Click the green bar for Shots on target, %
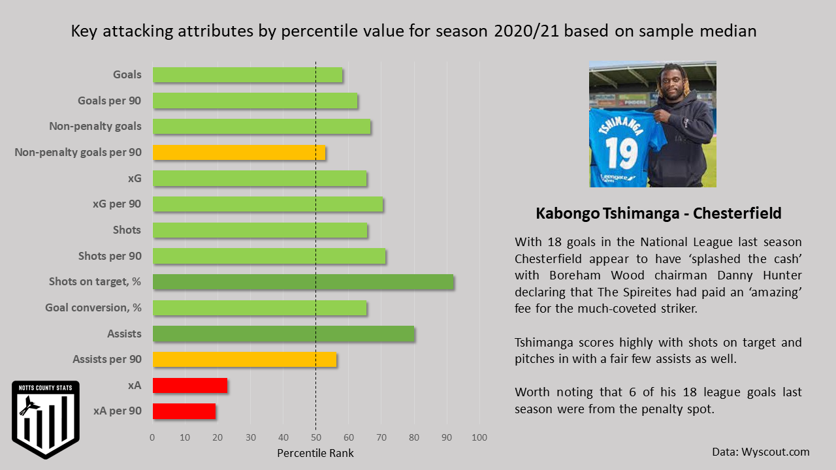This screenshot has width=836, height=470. [x=303, y=282]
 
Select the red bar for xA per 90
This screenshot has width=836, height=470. [x=184, y=411]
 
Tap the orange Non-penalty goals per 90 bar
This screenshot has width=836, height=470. [x=239, y=153]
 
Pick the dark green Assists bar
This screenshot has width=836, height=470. [x=283, y=334]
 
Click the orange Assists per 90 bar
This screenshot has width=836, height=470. [x=245, y=360]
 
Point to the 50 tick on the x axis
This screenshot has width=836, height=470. [x=316, y=437]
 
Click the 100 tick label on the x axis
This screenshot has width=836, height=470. [x=480, y=437]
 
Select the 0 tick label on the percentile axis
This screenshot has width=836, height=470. [x=153, y=437]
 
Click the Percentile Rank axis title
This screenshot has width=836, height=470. [x=315, y=453]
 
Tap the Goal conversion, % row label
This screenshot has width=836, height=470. [x=93, y=307]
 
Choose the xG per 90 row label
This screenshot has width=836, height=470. [x=117, y=204]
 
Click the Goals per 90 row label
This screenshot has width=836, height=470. [x=110, y=101]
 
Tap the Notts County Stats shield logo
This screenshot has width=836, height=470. [x=46, y=418]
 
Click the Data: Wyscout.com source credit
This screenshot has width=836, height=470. [x=761, y=452]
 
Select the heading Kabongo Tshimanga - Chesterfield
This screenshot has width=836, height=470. [x=658, y=213]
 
